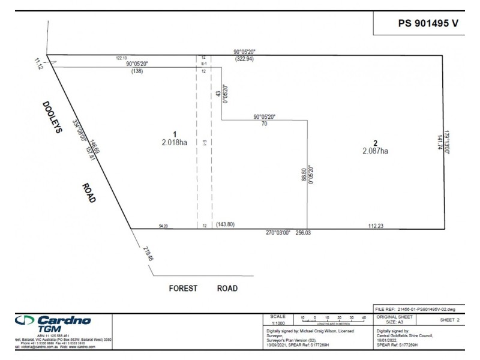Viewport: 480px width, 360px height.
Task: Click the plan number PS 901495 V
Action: point(428,23)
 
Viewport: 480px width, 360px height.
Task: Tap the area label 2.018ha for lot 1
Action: point(175,143)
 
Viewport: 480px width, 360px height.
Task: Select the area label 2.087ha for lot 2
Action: point(375,151)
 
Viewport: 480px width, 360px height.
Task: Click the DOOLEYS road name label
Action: point(52,117)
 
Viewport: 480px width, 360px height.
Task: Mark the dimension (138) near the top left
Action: point(137,71)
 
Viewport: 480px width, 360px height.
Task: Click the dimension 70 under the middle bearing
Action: point(264,124)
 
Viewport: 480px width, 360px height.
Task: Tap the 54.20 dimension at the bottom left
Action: point(163,226)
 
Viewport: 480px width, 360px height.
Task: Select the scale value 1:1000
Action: point(278,322)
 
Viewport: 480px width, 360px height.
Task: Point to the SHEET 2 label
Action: point(449,320)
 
